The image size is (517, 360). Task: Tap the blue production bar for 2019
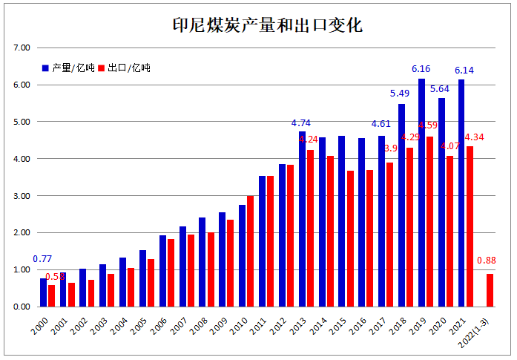(421, 193)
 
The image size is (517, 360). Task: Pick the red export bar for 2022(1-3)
(490, 290)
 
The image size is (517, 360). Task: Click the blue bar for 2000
(43, 292)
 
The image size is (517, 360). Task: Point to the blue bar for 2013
(302, 219)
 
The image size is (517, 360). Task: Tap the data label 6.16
(421, 69)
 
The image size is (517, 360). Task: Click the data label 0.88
(487, 261)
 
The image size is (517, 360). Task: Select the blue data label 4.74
(301, 122)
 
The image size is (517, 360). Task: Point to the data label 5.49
(400, 94)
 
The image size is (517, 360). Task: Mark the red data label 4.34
(475, 137)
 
